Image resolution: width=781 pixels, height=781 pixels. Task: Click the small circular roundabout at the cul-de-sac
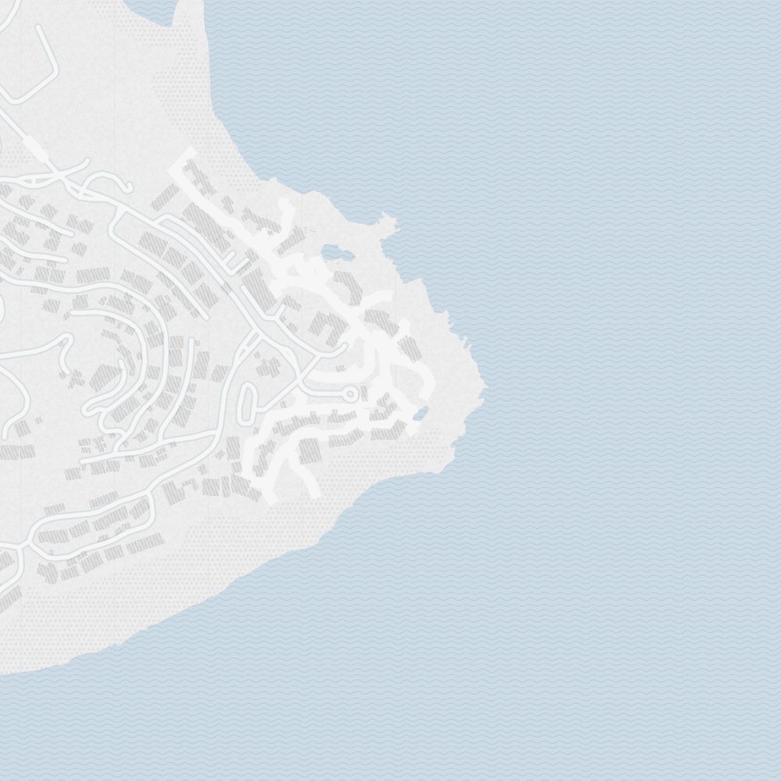tap(351, 392)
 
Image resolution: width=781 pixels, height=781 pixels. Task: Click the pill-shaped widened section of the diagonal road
tap(34, 148)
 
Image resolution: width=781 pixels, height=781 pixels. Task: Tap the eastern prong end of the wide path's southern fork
tap(312, 492)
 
